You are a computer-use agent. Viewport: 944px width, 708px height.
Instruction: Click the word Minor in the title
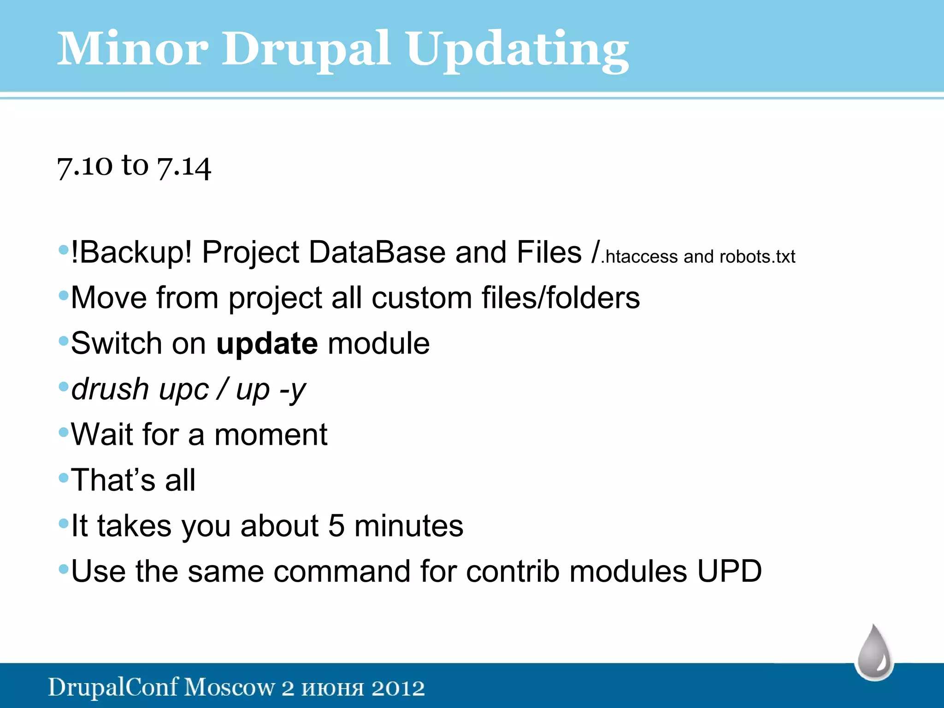[133, 49]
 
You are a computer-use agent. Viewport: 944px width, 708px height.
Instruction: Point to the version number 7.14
[184, 167]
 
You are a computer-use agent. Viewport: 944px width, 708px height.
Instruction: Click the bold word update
[267, 343]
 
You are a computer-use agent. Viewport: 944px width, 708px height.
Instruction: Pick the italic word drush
[110, 389]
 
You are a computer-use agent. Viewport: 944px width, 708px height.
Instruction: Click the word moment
[271, 435]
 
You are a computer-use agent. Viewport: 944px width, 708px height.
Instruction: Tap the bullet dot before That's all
[64, 478]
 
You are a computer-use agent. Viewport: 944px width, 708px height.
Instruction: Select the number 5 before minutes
[336, 526]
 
